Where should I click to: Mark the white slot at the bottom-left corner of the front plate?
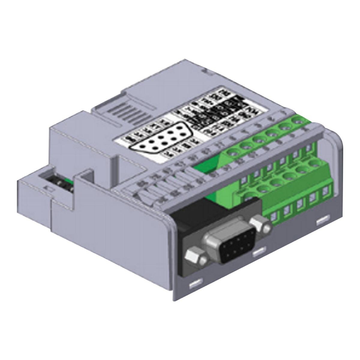point(195,283)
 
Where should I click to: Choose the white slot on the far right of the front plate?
point(323,221)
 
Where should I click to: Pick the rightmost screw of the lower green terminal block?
point(314,164)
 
